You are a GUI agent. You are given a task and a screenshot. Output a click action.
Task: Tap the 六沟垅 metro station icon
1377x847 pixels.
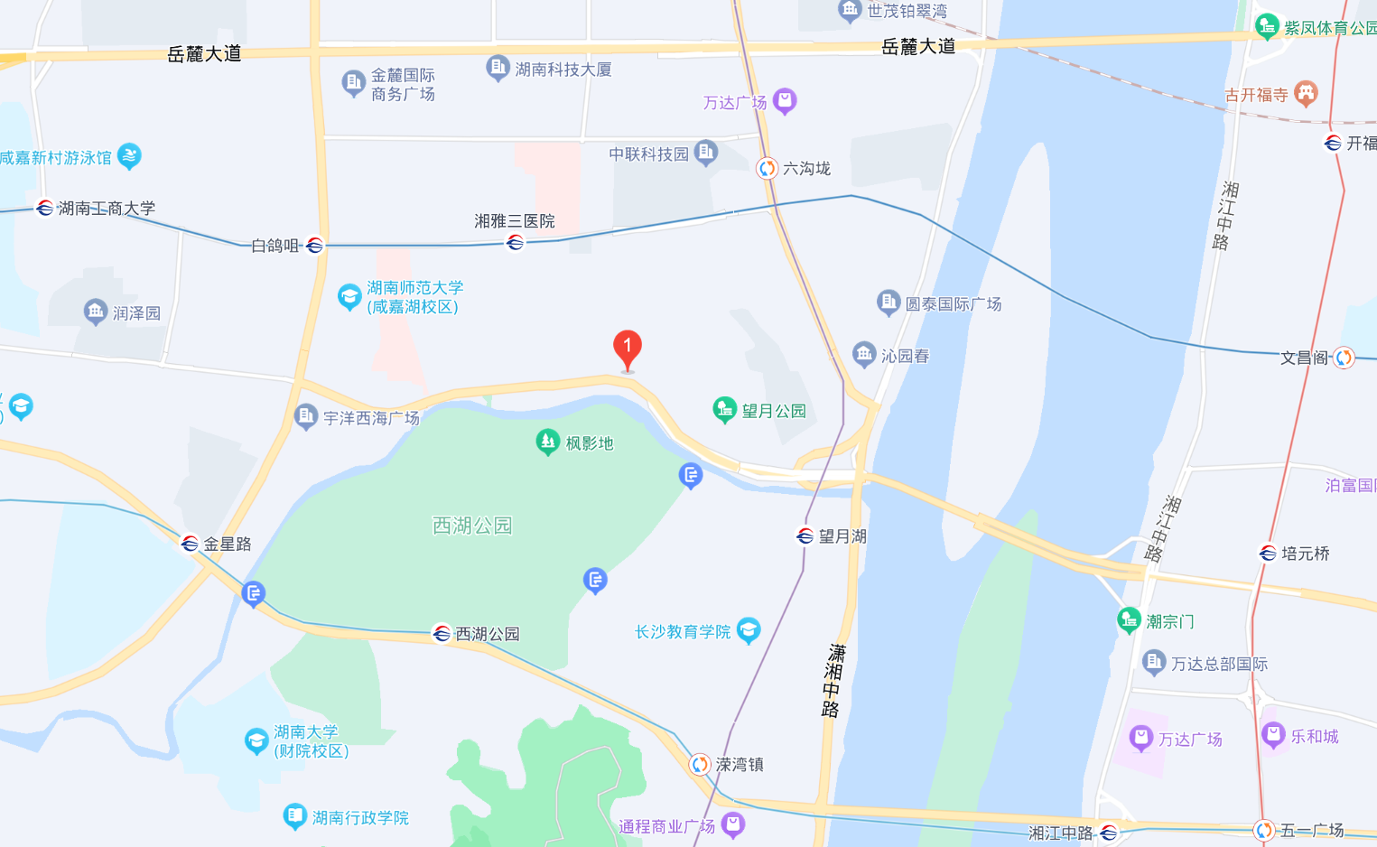(x=767, y=168)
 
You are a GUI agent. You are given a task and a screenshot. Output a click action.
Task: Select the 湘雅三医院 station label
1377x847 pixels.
(x=515, y=221)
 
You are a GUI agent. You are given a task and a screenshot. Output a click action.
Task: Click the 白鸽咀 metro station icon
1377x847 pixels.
(x=314, y=246)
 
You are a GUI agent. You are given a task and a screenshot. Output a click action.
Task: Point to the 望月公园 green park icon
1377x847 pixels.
(x=724, y=410)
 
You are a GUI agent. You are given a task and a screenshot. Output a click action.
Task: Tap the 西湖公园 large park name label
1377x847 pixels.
(x=472, y=526)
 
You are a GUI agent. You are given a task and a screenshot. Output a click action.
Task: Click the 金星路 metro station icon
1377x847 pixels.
(x=190, y=544)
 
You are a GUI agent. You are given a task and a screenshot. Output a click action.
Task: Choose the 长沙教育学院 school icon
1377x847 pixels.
(x=749, y=630)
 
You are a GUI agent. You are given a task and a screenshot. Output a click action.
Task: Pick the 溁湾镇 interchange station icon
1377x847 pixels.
(x=700, y=765)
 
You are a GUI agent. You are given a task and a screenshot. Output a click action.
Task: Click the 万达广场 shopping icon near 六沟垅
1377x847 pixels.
(x=785, y=101)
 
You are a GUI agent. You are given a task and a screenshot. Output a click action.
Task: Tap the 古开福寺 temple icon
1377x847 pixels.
(x=1306, y=93)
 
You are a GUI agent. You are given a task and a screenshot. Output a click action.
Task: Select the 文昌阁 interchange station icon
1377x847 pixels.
(x=1344, y=358)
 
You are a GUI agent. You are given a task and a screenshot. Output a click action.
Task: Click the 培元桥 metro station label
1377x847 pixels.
(x=1306, y=554)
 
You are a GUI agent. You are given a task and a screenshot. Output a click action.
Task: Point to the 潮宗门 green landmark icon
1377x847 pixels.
(x=1129, y=620)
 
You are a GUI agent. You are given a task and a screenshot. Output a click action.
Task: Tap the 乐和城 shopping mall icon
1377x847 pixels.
(x=1273, y=735)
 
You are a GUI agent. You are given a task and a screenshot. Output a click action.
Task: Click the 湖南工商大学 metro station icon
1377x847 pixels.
(x=44, y=209)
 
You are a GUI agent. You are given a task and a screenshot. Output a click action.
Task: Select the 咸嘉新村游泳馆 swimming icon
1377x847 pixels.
(x=129, y=156)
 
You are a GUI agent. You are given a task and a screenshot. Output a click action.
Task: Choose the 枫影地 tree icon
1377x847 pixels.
(x=547, y=442)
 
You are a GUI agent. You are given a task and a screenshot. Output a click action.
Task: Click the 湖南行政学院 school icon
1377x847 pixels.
(x=294, y=816)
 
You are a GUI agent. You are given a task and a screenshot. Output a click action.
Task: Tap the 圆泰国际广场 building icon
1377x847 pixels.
(x=889, y=302)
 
